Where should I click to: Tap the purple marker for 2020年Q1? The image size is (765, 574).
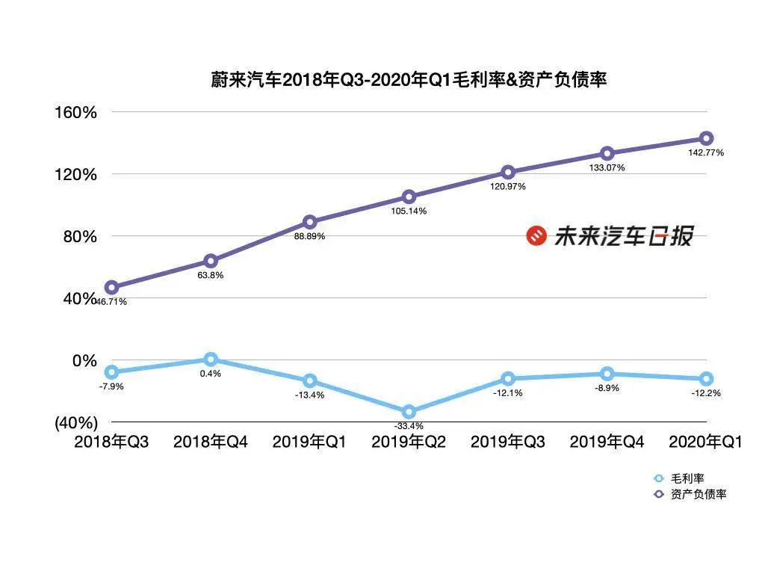click(706, 138)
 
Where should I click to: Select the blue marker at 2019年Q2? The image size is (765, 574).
click(409, 412)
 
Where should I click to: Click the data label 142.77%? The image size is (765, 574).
click(706, 152)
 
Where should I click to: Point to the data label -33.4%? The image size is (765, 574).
click(409, 427)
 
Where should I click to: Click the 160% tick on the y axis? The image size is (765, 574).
click(76, 113)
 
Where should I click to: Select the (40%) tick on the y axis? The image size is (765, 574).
click(76, 422)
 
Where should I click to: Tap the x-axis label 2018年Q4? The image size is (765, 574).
click(210, 442)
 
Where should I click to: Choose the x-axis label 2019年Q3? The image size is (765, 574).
click(508, 442)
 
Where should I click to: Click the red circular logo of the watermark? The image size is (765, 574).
click(536, 236)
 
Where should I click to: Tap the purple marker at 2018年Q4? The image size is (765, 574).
click(211, 261)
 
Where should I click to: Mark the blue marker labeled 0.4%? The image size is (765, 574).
click(211, 359)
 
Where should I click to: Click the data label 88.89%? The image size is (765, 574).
click(309, 236)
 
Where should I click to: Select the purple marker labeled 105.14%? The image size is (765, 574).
click(409, 197)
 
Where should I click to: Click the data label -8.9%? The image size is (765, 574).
click(607, 388)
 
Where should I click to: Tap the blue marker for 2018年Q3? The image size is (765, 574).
click(111, 371)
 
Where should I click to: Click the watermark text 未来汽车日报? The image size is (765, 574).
click(623, 236)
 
